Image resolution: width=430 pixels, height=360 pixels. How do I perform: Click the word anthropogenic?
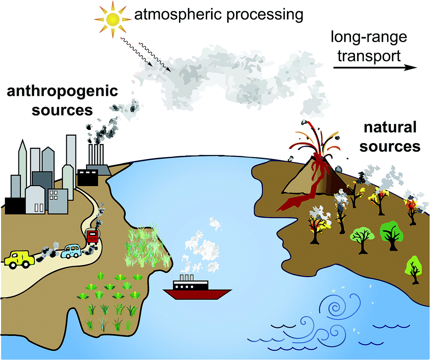(x=62, y=92)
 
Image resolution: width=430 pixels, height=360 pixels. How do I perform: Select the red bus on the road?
(x=93, y=237)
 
